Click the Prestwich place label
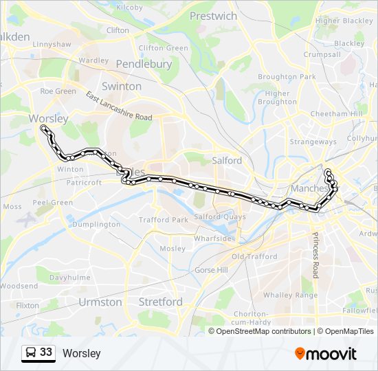tap(213, 16)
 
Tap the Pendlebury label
tap(144, 64)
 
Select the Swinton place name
tap(121, 87)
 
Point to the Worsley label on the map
tap(49, 118)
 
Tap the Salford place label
tap(227, 160)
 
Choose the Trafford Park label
tap(164, 220)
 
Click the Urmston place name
tap(100, 302)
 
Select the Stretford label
tap(161, 302)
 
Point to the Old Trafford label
tap(254, 257)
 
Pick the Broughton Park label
tap(287, 77)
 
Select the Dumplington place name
tap(96, 225)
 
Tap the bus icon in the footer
tap(30, 353)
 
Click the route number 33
tap(46, 352)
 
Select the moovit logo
tap(326, 353)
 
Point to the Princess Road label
tap(316, 255)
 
